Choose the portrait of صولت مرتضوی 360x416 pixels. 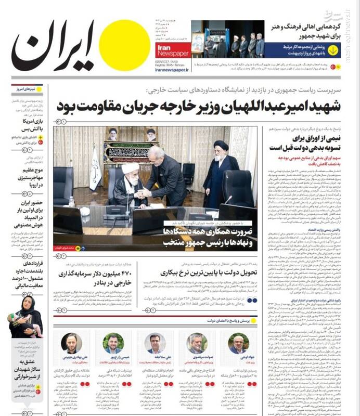coord(197,343)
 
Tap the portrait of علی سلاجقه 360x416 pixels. coord(155,343)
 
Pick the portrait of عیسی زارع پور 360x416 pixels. coord(113,343)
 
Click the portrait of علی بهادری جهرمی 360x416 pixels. coord(71,343)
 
